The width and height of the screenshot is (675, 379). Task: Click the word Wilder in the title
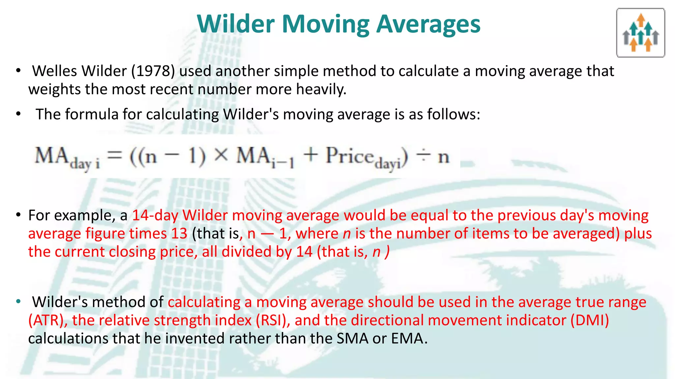(236, 24)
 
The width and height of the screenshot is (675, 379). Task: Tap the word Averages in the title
(428, 25)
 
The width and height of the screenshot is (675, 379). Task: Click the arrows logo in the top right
(640, 33)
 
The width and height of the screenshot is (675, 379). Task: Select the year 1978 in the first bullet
(153, 71)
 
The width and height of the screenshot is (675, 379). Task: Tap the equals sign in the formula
(115, 155)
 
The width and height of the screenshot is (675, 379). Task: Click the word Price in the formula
(349, 155)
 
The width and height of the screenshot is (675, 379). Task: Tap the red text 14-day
(155, 215)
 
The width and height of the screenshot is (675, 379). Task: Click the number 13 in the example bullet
(179, 234)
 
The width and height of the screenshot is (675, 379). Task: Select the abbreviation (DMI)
(590, 320)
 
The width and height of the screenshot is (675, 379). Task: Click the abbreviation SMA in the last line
(352, 339)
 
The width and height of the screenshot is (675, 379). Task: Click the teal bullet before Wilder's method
(18, 301)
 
